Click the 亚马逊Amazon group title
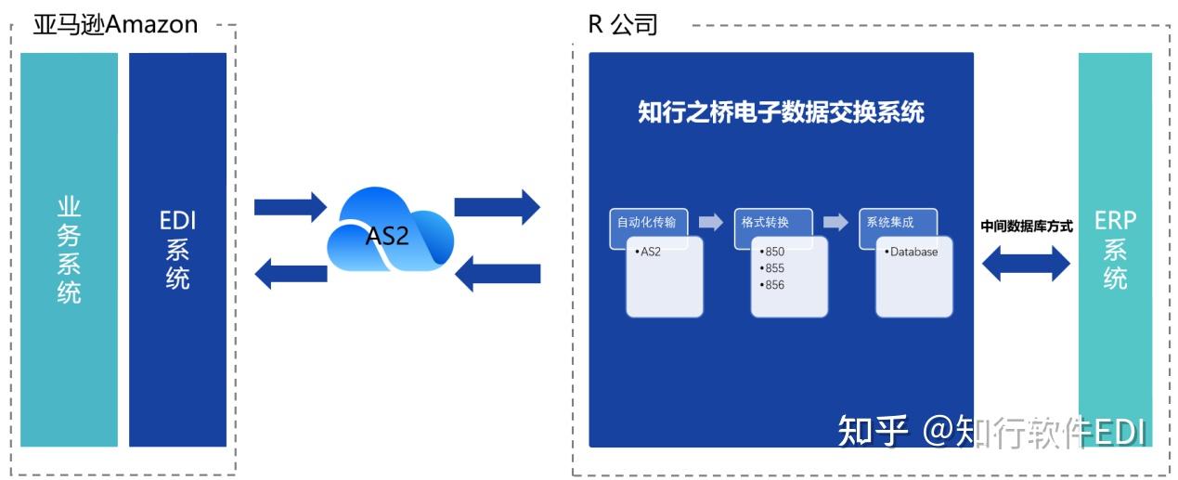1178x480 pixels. [x=115, y=23]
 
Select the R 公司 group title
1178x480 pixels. [x=623, y=23]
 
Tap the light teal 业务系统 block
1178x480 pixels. [x=70, y=249]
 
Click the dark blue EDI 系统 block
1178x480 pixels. [x=177, y=249]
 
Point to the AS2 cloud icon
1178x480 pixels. [x=389, y=232]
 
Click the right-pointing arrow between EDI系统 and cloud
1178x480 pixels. [x=290, y=206]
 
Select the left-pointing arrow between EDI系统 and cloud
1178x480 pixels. [x=290, y=273]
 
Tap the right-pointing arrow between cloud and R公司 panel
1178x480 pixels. [x=497, y=206]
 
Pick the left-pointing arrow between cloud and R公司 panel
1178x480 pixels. [x=497, y=273]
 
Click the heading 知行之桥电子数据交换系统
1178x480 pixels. [x=781, y=112]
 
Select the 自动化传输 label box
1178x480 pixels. [x=648, y=223]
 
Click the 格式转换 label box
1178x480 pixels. [x=772, y=223]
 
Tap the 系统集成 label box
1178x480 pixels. [x=897, y=223]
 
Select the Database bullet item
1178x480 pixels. [x=912, y=252]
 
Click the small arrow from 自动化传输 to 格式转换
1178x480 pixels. [x=711, y=222]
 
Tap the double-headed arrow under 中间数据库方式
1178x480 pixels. [x=1026, y=263]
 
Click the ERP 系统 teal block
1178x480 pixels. [x=1115, y=249]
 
